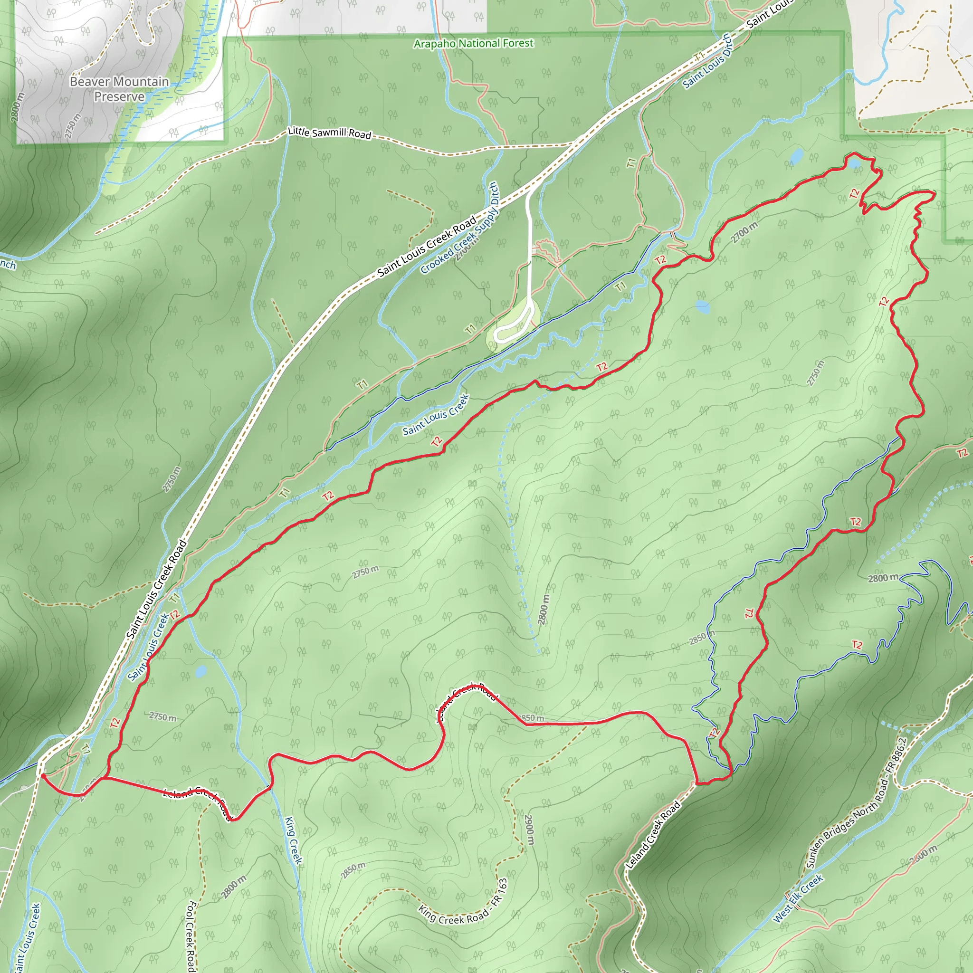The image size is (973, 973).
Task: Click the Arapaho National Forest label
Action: [x=473, y=44]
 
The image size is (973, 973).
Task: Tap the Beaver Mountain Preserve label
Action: [x=119, y=89]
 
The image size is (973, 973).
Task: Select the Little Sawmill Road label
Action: [x=329, y=133]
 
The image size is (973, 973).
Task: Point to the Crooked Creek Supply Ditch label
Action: [x=459, y=228]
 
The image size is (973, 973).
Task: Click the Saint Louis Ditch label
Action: [x=707, y=61]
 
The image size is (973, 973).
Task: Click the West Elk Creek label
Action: [x=798, y=898]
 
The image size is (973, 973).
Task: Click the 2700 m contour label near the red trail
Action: [x=744, y=233]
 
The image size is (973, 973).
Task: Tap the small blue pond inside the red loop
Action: [x=702, y=306]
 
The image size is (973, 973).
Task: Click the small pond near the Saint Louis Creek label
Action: [x=200, y=671]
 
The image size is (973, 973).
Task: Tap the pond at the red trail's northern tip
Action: [x=854, y=164]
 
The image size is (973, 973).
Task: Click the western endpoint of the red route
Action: [x=42, y=776]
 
